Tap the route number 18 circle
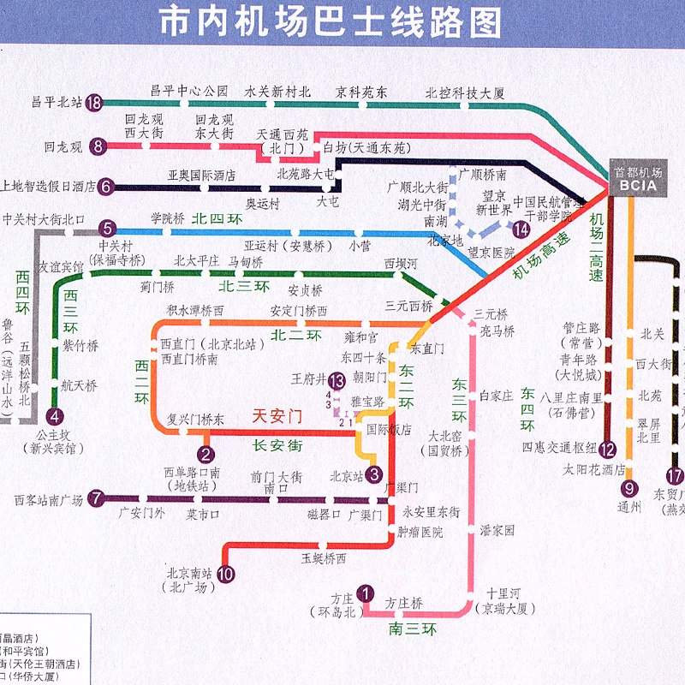point(94,104)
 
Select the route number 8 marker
point(99,146)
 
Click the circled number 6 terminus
point(105,187)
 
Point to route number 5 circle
point(107,229)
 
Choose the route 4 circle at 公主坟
point(56,418)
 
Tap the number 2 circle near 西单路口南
point(205,455)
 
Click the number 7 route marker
point(97,497)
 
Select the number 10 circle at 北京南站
point(225,575)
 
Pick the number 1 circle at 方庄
point(366,593)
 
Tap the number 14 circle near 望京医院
point(521,229)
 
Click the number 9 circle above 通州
point(630,489)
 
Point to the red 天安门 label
point(277,417)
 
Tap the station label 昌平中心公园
point(189,90)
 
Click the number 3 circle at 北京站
point(373,473)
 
